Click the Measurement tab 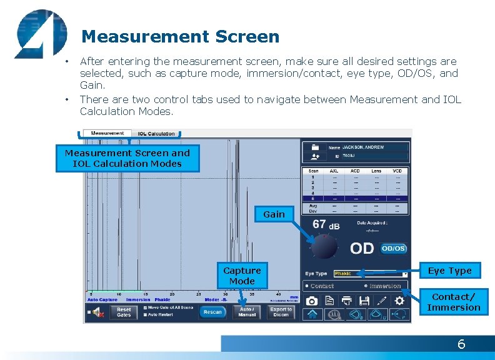(107, 133)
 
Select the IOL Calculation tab (156, 134)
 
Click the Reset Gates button (124, 312)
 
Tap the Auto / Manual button (247, 312)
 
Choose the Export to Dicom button (281, 312)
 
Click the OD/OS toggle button (394, 248)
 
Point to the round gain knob (324, 247)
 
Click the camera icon (311, 301)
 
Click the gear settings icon (399, 301)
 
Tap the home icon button (312, 314)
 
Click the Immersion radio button (366, 286)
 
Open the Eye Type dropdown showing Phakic (371, 274)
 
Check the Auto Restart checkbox (146, 314)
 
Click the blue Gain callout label (274, 214)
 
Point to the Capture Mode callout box (242, 276)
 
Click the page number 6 (461, 344)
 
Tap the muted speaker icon (98, 312)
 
